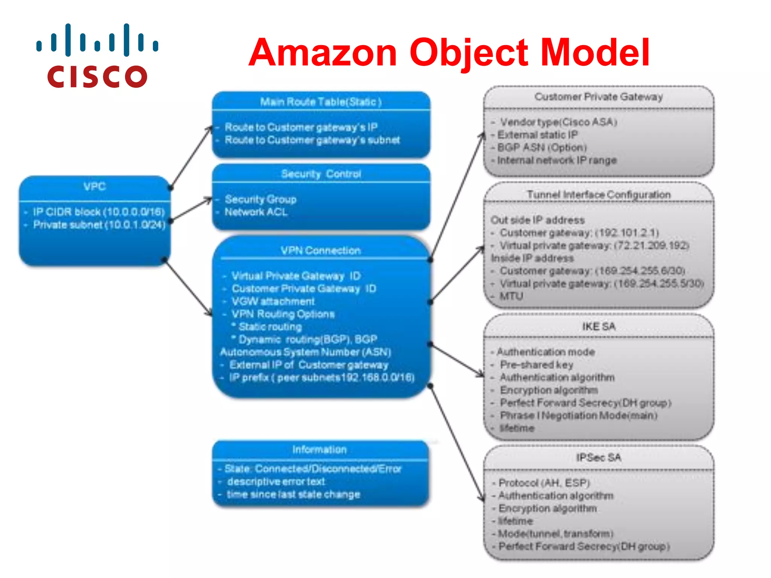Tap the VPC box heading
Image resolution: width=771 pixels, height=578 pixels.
pyautogui.click(x=94, y=187)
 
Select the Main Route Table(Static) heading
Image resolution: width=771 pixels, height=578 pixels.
pyautogui.click(x=321, y=102)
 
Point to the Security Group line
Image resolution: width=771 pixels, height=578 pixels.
pyautogui.click(x=261, y=199)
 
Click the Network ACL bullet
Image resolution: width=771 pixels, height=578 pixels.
pyautogui.click(x=256, y=212)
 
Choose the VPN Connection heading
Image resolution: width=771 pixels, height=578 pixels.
pyautogui.click(x=321, y=251)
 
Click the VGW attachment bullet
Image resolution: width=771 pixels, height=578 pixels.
pyautogui.click(x=273, y=301)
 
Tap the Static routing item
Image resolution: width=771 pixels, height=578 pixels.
pyautogui.click(x=270, y=327)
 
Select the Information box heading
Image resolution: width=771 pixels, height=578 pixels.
pyautogui.click(x=319, y=449)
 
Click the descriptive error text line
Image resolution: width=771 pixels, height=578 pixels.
pyautogui.click(x=276, y=482)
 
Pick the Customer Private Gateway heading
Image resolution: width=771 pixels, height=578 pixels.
pyautogui.click(x=599, y=97)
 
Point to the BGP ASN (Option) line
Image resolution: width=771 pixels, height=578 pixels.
pyautogui.click(x=542, y=148)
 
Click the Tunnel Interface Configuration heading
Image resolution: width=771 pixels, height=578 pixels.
pyautogui.click(x=599, y=195)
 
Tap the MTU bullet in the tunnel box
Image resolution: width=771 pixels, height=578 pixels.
pyautogui.click(x=511, y=296)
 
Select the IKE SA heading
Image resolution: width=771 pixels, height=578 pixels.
pyautogui.click(x=599, y=326)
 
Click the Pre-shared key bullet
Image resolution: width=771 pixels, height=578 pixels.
pyautogui.click(x=536, y=365)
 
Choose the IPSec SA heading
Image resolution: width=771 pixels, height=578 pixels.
pyautogui.click(x=599, y=458)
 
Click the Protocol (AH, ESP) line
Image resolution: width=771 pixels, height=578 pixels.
pyautogui.click(x=544, y=483)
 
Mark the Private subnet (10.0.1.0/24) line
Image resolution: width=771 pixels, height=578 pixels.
pyautogui.click(x=99, y=225)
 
